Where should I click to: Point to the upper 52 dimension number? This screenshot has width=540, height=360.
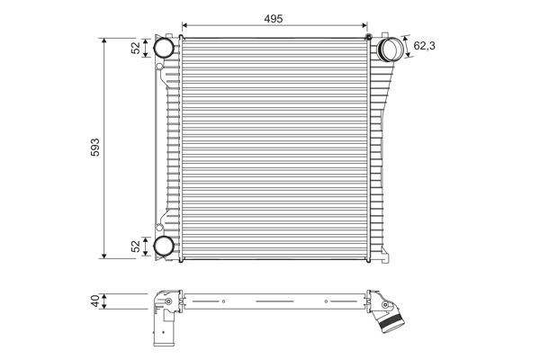137,48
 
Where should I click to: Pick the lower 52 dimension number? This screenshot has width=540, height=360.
137,246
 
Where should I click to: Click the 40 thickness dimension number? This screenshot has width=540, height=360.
95,301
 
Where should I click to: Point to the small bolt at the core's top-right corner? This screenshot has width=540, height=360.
369,35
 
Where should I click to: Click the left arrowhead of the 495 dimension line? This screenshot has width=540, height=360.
184,24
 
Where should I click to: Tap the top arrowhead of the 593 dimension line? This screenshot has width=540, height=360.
105,41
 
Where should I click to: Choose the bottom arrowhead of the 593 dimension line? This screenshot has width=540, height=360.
105,256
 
